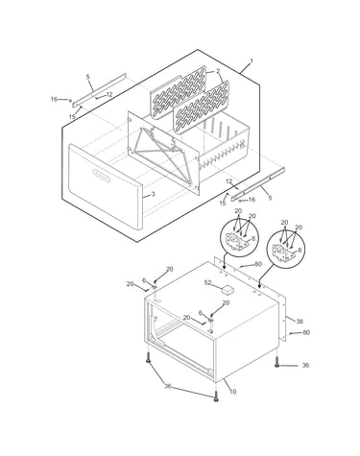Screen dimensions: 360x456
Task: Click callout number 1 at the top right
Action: tap(252, 60)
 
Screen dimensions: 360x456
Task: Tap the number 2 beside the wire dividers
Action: tap(218, 71)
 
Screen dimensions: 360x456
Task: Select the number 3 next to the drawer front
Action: tap(153, 194)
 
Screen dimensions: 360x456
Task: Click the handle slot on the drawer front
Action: tap(101, 175)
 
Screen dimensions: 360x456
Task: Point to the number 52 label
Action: tap(208, 282)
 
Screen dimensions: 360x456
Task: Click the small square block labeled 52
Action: tap(228, 289)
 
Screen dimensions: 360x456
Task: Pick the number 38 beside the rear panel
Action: tap(300, 321)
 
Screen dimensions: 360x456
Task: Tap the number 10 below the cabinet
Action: tap(232, 392)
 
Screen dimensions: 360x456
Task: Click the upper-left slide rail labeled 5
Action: tap(99, 89)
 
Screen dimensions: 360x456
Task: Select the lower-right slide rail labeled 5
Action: tap(258, 184)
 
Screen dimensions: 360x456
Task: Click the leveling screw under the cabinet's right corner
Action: tap(277, 362)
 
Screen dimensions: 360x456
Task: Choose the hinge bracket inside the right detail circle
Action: tap(282, 252)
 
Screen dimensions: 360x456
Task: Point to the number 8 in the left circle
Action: tap(253, 238)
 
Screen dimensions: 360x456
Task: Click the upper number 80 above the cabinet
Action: tap(258, 264)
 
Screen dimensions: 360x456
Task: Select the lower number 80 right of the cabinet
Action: tap(306, 332)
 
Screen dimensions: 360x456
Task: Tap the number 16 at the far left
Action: tap(55, 100)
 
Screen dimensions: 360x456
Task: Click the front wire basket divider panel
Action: tap(201, 108)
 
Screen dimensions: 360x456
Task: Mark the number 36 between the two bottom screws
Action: tap(168, 386)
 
